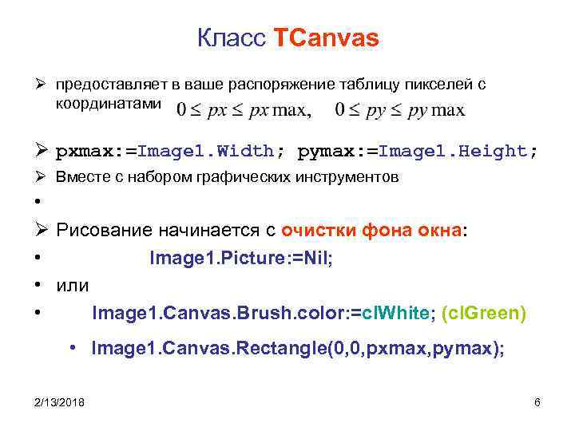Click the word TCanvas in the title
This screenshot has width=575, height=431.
click(327, 38)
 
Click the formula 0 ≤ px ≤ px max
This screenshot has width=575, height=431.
click(244, 109)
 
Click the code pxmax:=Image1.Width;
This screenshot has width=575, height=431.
click(172, 151)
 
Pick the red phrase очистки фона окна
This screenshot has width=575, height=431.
click(371, 231)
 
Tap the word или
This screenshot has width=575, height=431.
click(73, 285)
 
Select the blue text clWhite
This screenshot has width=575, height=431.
click(395, 314)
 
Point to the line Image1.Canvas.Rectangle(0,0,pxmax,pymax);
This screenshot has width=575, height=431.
click(298, 349)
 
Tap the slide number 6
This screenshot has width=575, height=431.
click(537, 402)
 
